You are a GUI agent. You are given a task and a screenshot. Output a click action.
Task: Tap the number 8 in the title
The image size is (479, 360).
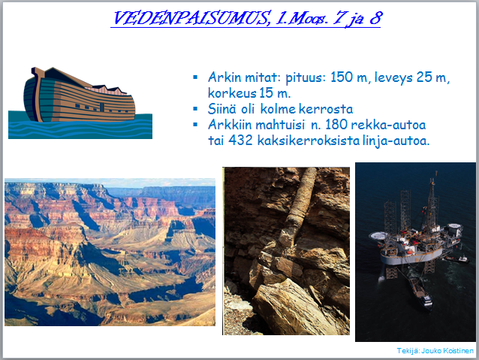375,18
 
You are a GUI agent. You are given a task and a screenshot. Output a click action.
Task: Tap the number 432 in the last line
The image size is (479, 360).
241,141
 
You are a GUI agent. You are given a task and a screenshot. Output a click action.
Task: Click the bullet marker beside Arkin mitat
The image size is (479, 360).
195,77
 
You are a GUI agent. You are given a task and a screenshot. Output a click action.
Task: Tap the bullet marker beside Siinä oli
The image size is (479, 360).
195,108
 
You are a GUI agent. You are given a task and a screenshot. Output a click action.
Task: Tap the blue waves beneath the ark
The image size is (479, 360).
80,129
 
